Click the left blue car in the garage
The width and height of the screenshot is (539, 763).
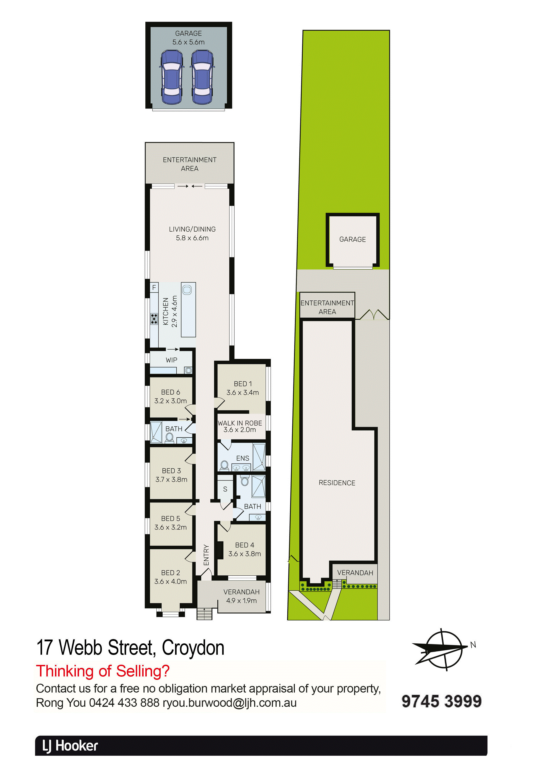pos(171,77)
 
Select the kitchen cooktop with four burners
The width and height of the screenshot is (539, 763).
pos(154,319)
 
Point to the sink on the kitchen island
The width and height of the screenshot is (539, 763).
pos(187,290)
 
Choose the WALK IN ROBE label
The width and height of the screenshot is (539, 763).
pos(240,423)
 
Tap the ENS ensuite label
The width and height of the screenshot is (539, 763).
pos(243,458)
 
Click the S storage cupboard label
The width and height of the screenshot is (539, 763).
pos(225,489)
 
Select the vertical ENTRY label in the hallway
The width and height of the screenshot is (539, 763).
pos(206,555)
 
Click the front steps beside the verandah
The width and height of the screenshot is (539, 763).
pos(204,613)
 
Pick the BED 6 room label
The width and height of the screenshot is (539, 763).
pos(171,392)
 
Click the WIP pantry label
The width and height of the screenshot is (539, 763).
pos(171,360)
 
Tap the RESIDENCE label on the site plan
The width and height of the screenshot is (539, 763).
pos(337,483)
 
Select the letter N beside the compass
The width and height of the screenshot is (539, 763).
pos(473,645)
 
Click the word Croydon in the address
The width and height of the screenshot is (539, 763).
pos(193,648)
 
